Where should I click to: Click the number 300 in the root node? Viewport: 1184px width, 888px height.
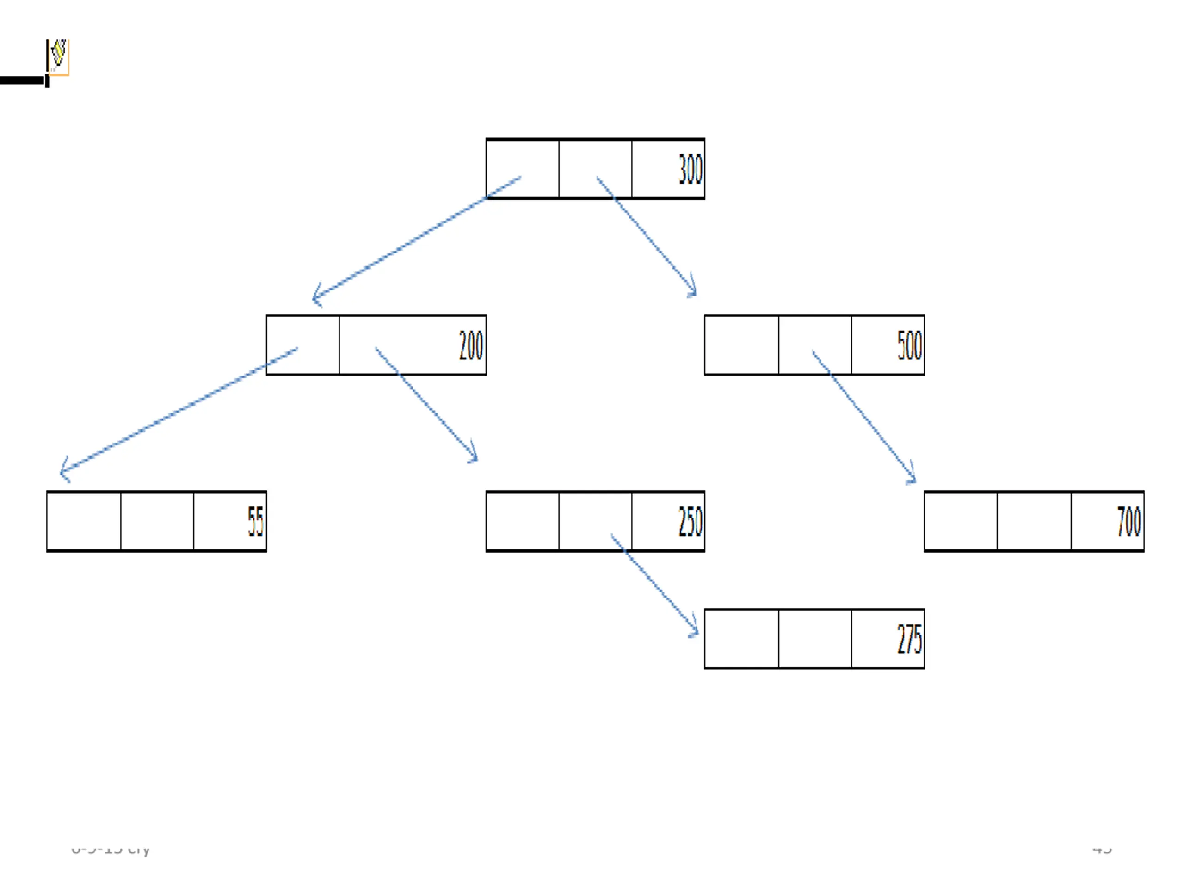point(690,169)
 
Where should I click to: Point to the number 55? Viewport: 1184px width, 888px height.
point(255,521)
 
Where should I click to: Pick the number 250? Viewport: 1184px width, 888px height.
point(690,521)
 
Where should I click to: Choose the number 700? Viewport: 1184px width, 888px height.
point(1129,521)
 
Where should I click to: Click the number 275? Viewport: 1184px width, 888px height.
point(909,639)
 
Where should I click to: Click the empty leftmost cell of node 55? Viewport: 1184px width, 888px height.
point(84,521)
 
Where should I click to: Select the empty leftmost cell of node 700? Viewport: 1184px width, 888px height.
point(960,521)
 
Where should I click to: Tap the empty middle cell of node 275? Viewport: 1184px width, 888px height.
point(814,639)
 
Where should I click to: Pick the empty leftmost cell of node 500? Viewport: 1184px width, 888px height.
point(741,345)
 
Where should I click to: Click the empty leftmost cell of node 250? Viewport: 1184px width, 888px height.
point(523,521)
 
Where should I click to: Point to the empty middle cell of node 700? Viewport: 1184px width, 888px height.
point(1034,521)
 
